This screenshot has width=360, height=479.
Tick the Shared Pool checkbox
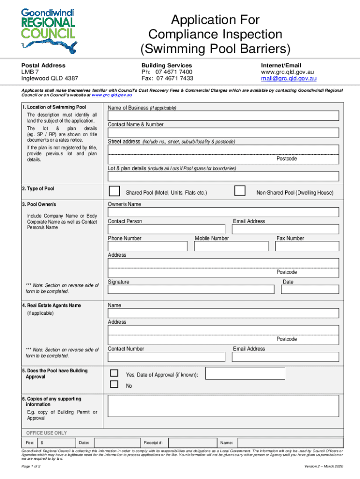click(x=114, y=191)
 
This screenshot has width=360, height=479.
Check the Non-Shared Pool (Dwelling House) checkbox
click(x=240, y=191)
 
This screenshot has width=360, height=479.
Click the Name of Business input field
click(x=223, y=116)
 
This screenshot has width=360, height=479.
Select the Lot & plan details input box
click(x=223, y=176)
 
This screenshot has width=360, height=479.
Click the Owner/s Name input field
click(x=223, y=212)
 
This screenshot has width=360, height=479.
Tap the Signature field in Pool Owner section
click(x=191, y=289)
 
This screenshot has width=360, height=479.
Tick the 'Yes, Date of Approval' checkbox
click(x=114, y=374)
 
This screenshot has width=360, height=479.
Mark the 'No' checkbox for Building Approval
click(x=114, y=385)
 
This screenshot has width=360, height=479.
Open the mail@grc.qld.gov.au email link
click(x=288, y=79)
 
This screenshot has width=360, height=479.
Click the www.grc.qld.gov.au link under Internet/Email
click(x=287, y=72)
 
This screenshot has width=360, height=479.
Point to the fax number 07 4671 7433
click(x=167, y=79)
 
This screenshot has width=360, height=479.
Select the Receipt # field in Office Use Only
click(x=192, y=443)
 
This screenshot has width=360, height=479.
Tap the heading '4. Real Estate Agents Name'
click(x=51, y=305)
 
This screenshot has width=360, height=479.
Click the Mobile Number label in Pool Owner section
click(x=212, y=238)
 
